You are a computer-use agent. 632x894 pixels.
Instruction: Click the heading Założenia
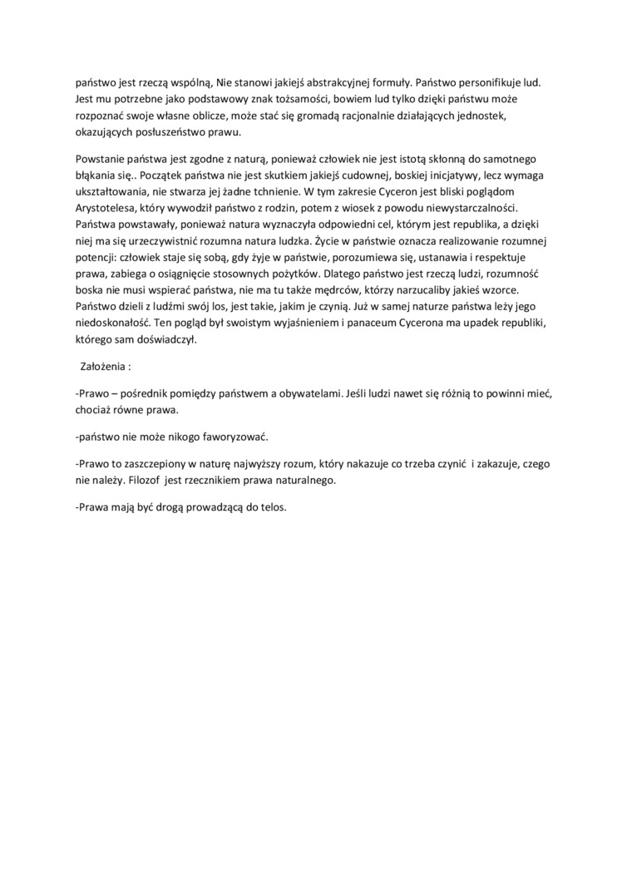pyautogui.click(x=103, y=365)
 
